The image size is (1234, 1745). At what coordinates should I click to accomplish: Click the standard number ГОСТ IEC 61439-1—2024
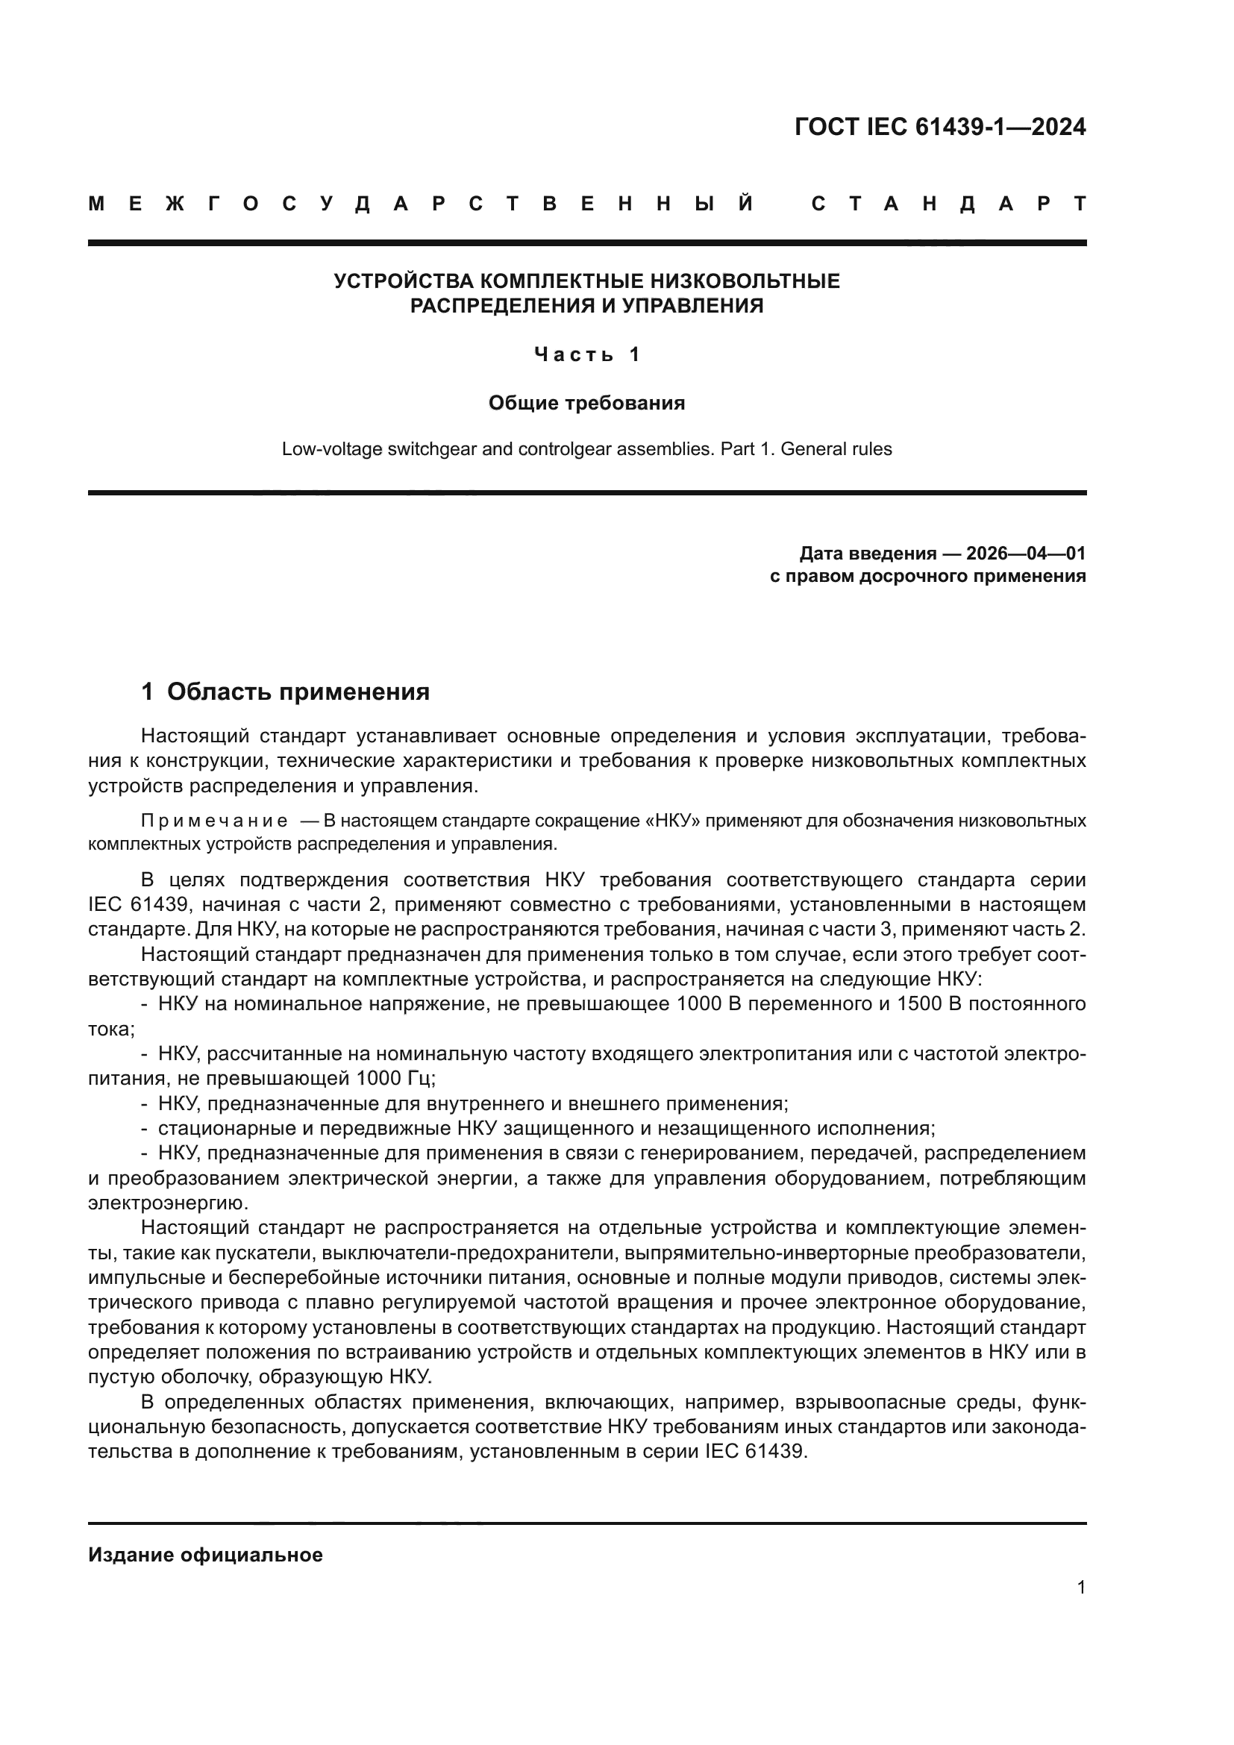click(x=940, y=127)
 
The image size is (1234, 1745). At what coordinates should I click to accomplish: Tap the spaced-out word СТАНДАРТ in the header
click(x=949, y=204)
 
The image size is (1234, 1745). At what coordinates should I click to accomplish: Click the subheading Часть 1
click(x=587, y=354)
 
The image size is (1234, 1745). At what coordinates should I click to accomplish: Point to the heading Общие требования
click(x=586, y=403)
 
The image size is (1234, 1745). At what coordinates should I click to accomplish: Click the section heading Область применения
click(x=298, y=692)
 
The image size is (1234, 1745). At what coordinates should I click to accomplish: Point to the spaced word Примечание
click(x=214, y=821)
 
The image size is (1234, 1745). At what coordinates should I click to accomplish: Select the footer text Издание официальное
click(x=205, y=1555)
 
